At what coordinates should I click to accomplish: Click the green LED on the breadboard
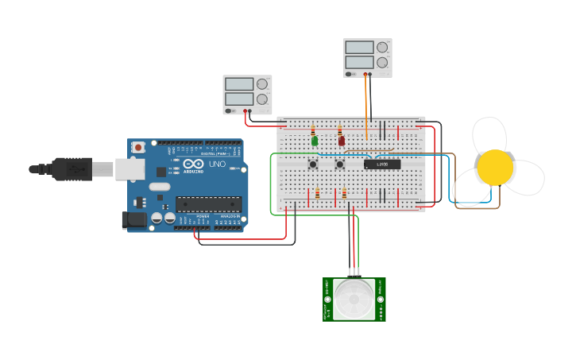click(315, 141)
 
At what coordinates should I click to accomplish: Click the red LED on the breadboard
click(342, 141)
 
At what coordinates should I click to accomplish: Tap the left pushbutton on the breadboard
click(314, 165)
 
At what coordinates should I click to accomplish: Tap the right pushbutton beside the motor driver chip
click(340, 165)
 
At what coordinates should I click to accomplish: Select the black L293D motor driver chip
click(382, 165)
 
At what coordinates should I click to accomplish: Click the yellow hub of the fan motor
click(495, 168)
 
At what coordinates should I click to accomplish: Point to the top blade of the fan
click(489, 134)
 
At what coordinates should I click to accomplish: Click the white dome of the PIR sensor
click(354, 299)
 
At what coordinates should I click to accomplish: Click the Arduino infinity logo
click(192, 165)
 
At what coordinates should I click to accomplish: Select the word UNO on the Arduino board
click(217, 165)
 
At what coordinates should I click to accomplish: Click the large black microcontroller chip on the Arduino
click(208, 205)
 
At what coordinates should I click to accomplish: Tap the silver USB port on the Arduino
click(130, 168)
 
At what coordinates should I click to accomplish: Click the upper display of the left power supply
click(238, 83)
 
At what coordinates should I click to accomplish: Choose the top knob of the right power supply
click(382, 47)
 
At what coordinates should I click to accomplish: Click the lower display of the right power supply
click(359, 62)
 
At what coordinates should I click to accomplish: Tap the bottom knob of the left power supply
click(261, 98)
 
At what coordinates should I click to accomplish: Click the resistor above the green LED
click(313, 130)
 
